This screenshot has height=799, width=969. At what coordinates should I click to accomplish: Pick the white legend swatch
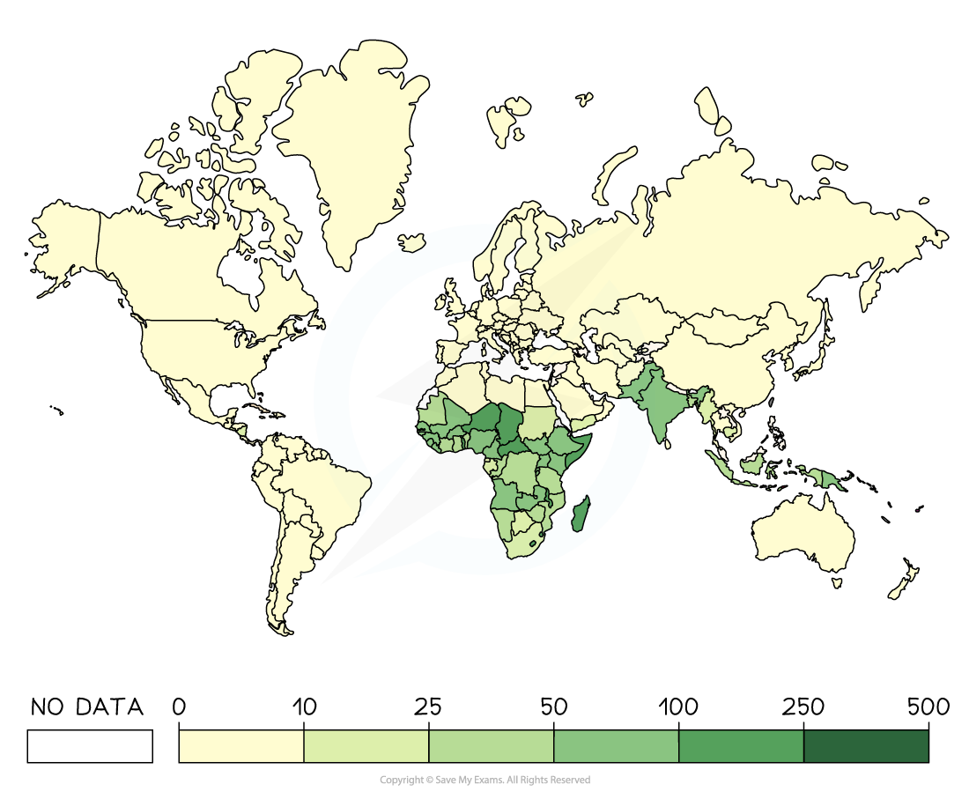tap(90, 746)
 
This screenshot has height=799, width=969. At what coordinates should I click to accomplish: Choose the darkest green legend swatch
tap(866, 746)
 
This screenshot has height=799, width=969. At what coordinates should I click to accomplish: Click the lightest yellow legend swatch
tap(241, 746)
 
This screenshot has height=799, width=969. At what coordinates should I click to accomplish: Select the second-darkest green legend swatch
tap(741, 746)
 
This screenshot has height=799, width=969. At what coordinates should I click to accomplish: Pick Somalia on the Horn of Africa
tap(583, 440)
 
